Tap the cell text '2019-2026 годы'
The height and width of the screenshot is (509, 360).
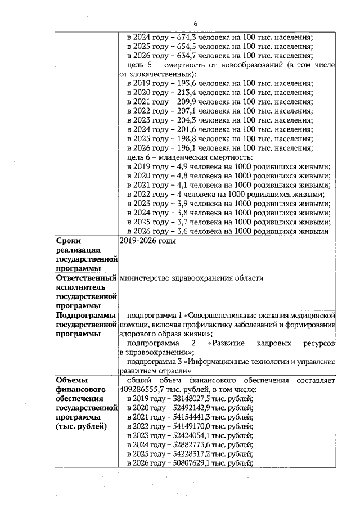click(147, 241)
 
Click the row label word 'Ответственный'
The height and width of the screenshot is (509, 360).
click(84, 278)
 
